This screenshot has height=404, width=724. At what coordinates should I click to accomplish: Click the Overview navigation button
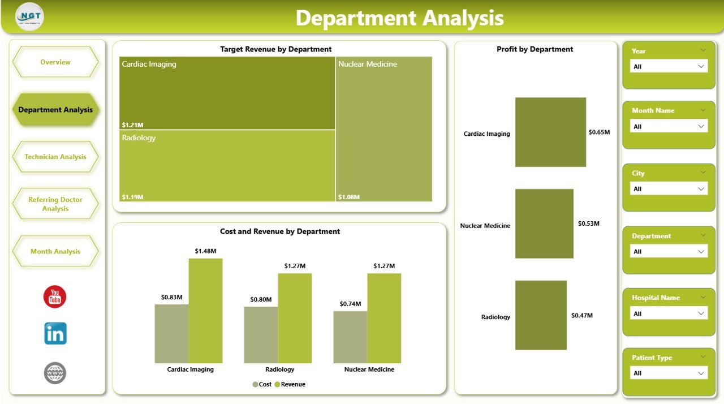pos(55,62)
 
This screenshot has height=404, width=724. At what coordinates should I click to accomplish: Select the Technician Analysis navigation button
pos(55,157)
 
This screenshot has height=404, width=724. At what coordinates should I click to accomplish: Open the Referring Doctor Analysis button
pos(55,204)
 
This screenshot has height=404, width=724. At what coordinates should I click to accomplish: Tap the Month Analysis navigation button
pos(55,251)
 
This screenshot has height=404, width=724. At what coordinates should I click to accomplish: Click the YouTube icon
pos(55,297)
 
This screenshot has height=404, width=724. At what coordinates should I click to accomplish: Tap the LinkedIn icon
pos(55,334)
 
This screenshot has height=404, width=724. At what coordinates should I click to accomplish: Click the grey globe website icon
pos(55,373)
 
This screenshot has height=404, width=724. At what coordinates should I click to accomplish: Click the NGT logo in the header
pos(30,16)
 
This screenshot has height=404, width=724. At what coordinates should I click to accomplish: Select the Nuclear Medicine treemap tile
pos(383,129)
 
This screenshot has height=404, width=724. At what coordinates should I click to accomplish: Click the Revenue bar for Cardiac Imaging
pos(205,311)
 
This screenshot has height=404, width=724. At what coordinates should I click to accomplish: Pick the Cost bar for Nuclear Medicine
pos(350,337)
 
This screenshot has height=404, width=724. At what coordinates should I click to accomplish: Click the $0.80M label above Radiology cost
pos(261,299)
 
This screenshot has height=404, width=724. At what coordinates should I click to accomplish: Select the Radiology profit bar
pos(541,315)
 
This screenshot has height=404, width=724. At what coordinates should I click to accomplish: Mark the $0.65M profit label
pos(599,132)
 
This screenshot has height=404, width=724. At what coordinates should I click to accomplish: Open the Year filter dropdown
pos(669,66)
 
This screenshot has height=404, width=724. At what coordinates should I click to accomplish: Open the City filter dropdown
pos(669,189)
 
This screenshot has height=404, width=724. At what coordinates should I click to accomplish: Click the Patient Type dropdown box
pos(669,373)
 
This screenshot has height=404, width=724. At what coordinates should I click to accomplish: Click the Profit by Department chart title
pos(535,49)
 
